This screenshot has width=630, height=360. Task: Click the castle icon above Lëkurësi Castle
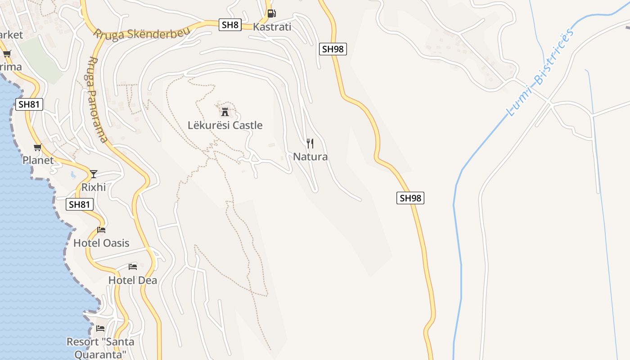click(x=225, y=111)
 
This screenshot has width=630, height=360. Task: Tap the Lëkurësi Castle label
click(x=225, y=125)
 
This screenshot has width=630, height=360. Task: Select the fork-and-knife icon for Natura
click(x=310, y=144)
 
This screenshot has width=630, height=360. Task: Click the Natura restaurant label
click(x=310, y=157)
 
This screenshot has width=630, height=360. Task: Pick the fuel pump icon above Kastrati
click(x=271, y=13)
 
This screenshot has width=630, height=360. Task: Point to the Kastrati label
click(x=272, y=27)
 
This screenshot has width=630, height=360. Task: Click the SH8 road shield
click(x=230, y=25)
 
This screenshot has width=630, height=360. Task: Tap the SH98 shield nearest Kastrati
click(x=333, y=49)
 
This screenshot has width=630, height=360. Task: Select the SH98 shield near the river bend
click(x=410, y=198)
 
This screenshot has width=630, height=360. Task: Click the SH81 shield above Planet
click(x=29, y=105)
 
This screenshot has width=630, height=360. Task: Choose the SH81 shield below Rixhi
click(x=80, y=204)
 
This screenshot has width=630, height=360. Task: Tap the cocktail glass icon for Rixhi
click(x=94, y=174)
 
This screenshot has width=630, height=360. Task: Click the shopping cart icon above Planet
click(x=38, y=148)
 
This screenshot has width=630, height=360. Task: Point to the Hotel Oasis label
click(x=101, y=243)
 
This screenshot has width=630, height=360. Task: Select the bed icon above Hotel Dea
click(x=132, y=267)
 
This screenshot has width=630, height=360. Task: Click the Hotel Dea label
click(x=133, y=280)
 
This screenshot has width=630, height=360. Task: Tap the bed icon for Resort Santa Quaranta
click(x=100, y=328)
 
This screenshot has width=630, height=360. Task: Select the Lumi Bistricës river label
click(x=540, y=72)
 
